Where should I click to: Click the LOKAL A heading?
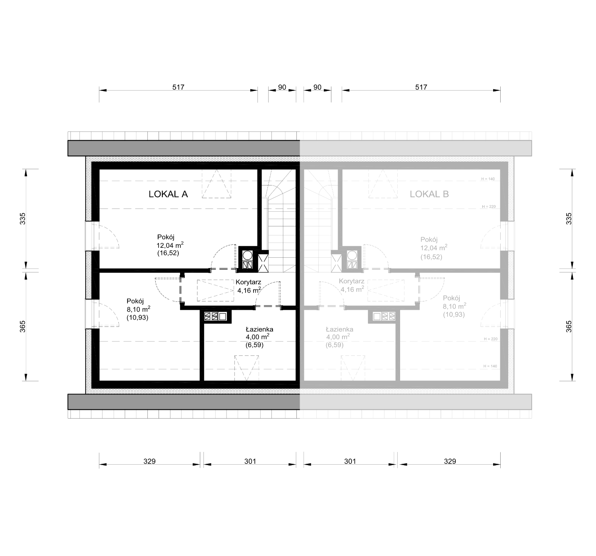[x=168, y=194]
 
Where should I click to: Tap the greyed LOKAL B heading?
[x=429, y=194]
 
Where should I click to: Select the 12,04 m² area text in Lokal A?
[x=170, y=245]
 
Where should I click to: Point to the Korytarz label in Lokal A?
[x=248, y=282]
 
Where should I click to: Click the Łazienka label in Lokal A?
[x=259, y=329]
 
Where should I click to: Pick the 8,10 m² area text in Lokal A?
[x=138, y=309]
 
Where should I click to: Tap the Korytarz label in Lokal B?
[x=351, y=281]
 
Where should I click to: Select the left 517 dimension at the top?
[x=178, y=87]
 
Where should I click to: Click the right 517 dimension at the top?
[x=421, y=87]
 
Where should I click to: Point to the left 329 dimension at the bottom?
[x=149, y=461]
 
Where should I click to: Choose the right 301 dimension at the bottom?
[x=350, y=461]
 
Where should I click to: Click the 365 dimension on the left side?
[x=23, y=326]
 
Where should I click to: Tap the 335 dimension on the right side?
[x=569, y=219]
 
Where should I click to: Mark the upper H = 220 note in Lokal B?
[x=489, y=207]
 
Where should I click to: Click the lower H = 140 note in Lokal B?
[x=490, y=366]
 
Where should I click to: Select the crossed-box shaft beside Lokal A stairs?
[x=263, y=263]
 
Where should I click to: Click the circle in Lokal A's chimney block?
[x=248, y=255]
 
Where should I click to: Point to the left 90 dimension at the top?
[x=282, y=87]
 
